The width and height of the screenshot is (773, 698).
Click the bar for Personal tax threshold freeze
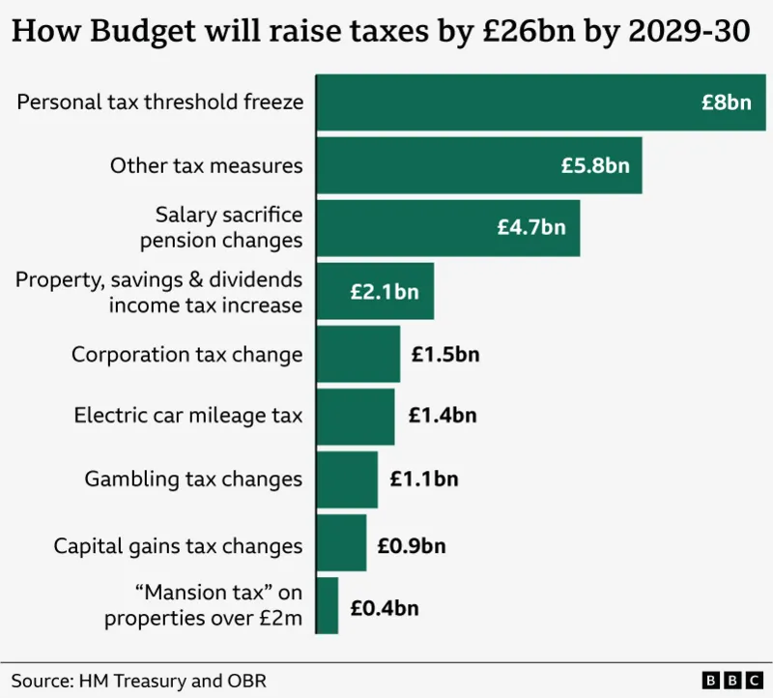pos(502,102)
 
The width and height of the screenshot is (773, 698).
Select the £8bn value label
pos(726,102)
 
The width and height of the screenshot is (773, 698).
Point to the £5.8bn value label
pos(595,165)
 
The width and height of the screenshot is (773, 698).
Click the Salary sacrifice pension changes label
pos(229,227)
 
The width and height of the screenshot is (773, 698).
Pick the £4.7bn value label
pos(531,228)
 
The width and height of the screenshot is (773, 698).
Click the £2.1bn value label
pos(385,291)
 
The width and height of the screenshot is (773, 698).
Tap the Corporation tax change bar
pos(358,354)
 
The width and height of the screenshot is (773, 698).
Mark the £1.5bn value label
pos(445,354)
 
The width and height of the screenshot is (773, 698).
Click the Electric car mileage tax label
pos(188,416)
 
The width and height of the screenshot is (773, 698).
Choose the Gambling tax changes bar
pos(347,479)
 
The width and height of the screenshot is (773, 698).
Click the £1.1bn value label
pos(424,479)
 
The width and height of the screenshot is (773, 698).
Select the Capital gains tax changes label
pos(178,546)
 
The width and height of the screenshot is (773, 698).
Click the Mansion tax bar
pos(327,606)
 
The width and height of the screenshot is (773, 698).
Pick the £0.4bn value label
pos(385,609)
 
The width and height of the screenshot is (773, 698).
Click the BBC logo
pos(731,680)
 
